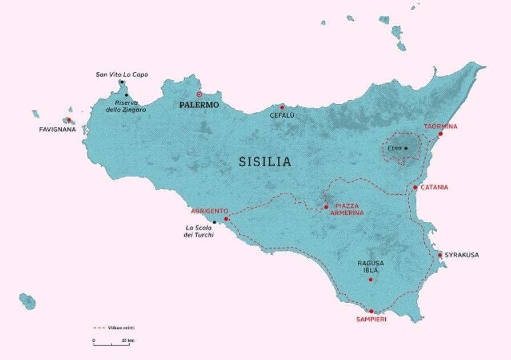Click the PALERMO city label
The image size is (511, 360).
[198, 105]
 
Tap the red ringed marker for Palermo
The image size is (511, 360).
[199, 94]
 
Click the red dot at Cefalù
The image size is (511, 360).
[282, 107]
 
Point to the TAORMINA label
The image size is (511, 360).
[440, 126]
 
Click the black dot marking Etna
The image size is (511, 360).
[406, 149]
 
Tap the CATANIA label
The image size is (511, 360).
[434, 187]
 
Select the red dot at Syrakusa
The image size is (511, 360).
[440, 255]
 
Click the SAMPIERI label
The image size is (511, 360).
[371, 319]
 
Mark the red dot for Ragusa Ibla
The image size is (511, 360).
[371, 279]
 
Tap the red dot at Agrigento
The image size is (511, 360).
[226, 219]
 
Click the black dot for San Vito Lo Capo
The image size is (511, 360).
[122, 82]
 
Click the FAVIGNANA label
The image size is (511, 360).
[57, 130]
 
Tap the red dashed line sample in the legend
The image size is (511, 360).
[99, 328]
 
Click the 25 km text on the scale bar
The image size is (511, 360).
[128, 341]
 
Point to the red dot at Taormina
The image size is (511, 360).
[440, 134]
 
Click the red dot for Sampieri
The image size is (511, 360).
[371, 311]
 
